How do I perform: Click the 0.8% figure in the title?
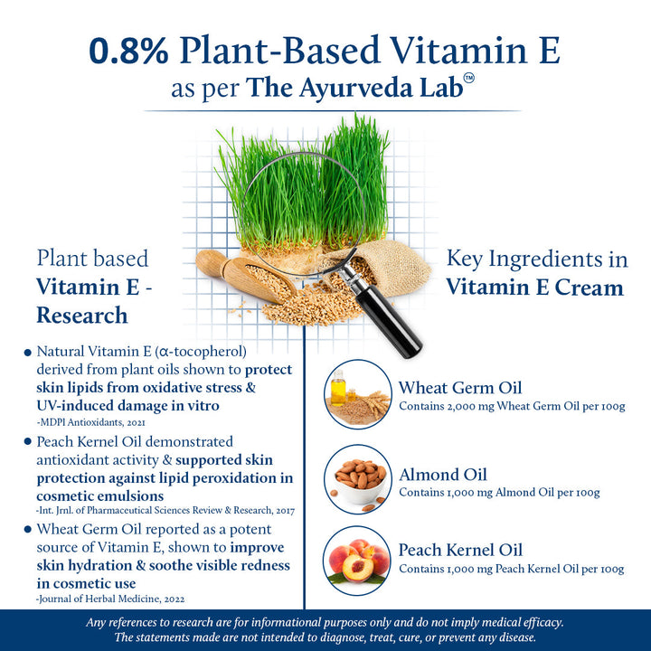point(127,52)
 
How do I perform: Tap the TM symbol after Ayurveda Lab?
point(468,79)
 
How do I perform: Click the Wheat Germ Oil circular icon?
point(358,393)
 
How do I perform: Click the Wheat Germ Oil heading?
point(460,388)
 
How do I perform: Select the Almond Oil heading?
point(443,474)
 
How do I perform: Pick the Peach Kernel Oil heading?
point(460,550)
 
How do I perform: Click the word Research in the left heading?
point(81,315)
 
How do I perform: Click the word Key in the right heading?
point(465,259)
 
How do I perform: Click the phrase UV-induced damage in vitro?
point(127,406)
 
